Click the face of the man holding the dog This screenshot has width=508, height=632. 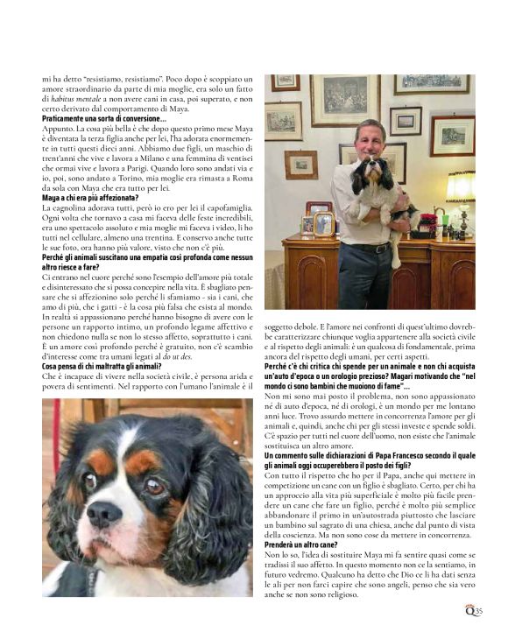click(370, 140)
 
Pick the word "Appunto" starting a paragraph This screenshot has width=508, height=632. click(57, 129)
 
